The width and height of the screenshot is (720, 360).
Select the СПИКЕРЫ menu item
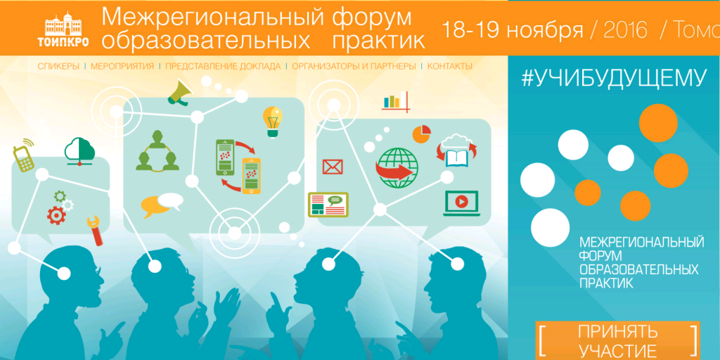58,66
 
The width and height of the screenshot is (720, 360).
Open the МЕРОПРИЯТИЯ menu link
122,66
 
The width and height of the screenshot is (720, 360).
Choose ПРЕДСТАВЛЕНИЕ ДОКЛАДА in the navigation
223,66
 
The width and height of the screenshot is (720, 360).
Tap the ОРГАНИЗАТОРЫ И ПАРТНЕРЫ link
354,66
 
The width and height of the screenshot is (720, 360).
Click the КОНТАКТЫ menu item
449,66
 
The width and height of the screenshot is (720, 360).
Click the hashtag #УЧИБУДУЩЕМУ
613,79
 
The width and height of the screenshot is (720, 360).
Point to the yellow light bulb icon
272,121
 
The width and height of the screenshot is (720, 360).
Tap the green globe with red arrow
397,167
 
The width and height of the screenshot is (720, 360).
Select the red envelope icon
333,166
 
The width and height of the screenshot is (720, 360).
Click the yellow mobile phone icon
24,156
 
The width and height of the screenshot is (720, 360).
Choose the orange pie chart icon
421,133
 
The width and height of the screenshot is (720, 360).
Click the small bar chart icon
395,101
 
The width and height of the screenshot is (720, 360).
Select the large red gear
56,215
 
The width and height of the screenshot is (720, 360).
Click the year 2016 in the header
625,30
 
